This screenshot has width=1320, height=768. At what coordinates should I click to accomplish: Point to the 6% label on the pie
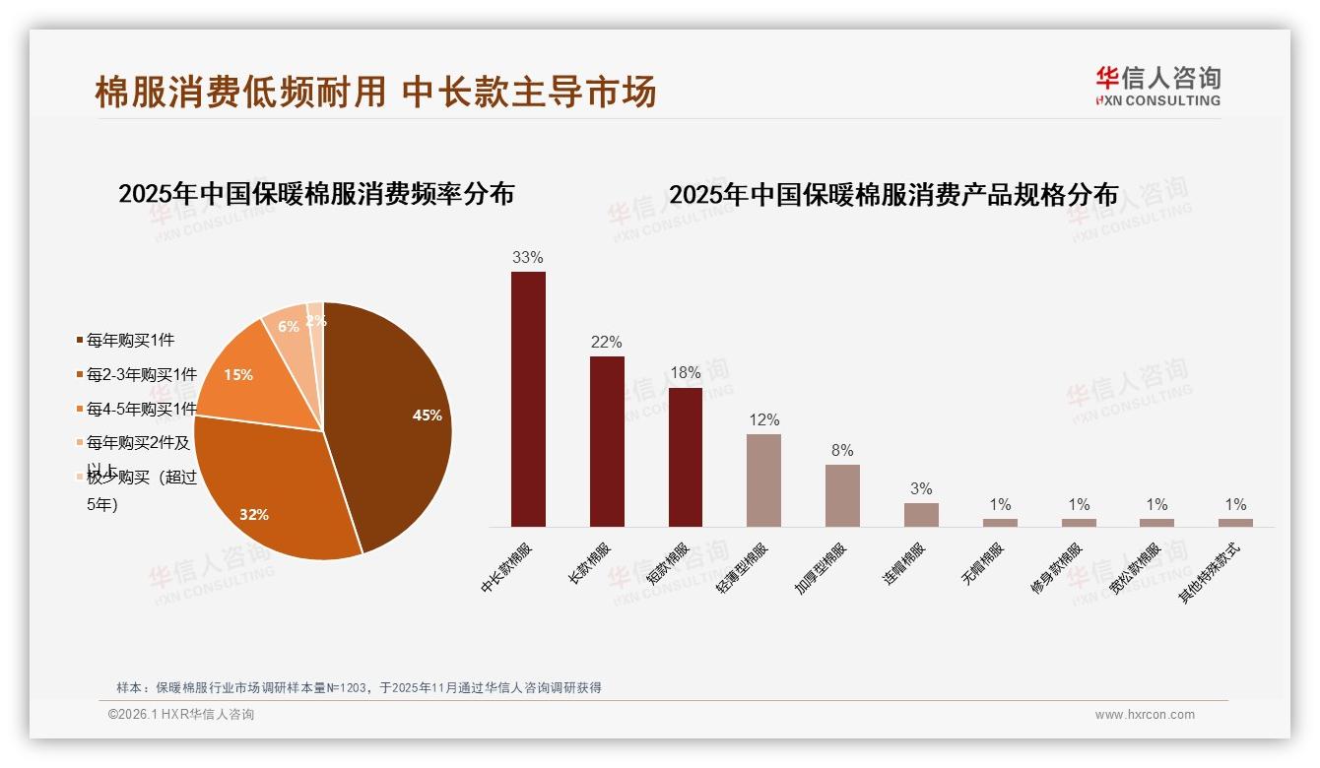[x=289, y=327]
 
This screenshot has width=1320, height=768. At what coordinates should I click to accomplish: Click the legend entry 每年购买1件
[x=130, y=341]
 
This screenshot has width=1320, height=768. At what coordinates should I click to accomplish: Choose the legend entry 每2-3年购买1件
[x=141, y=375]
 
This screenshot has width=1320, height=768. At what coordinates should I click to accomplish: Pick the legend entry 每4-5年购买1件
[x=141, y=409]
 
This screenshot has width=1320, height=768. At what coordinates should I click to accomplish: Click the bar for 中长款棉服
[x=528, y=399]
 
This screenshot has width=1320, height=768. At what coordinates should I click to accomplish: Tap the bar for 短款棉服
[x=686, y=457]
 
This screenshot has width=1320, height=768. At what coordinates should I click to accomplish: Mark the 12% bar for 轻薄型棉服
[x=763, y=480]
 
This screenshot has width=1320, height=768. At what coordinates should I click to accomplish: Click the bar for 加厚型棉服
[x=842, y=495]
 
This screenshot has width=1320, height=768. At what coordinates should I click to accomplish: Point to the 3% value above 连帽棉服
[x=921, y=489]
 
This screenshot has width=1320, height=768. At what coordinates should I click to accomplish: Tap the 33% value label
[x=528, y=258]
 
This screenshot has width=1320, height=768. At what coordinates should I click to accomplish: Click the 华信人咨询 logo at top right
[x=1158, y=86]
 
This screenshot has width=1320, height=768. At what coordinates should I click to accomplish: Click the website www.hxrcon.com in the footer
[x=1145, y=715]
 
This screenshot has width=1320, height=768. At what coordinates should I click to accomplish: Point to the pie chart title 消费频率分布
[x=316, y=194]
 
